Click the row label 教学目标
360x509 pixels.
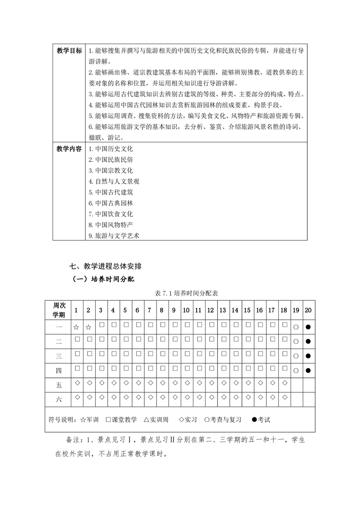click(69, 51)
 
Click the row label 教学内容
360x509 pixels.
click(69, 149)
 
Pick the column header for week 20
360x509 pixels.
click(308, 310)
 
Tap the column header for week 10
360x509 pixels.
click(186, 310)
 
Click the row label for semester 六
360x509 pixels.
click(59, 400)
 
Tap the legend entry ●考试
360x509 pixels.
click(261, 420)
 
